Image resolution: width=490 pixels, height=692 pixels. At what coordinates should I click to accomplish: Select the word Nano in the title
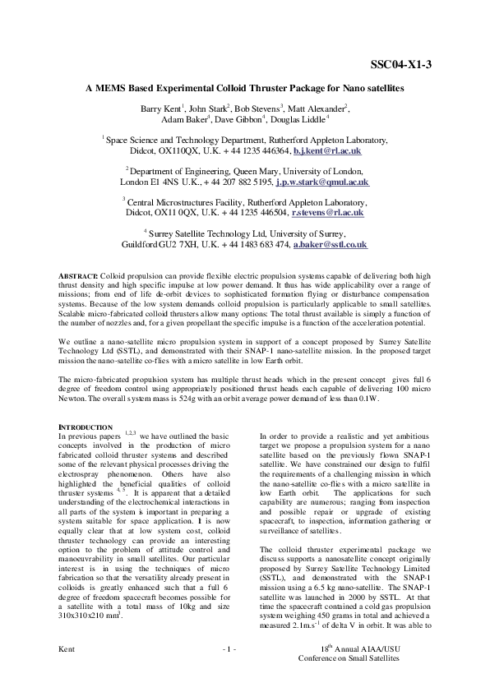pyautogui.click(x=351, y=87)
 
